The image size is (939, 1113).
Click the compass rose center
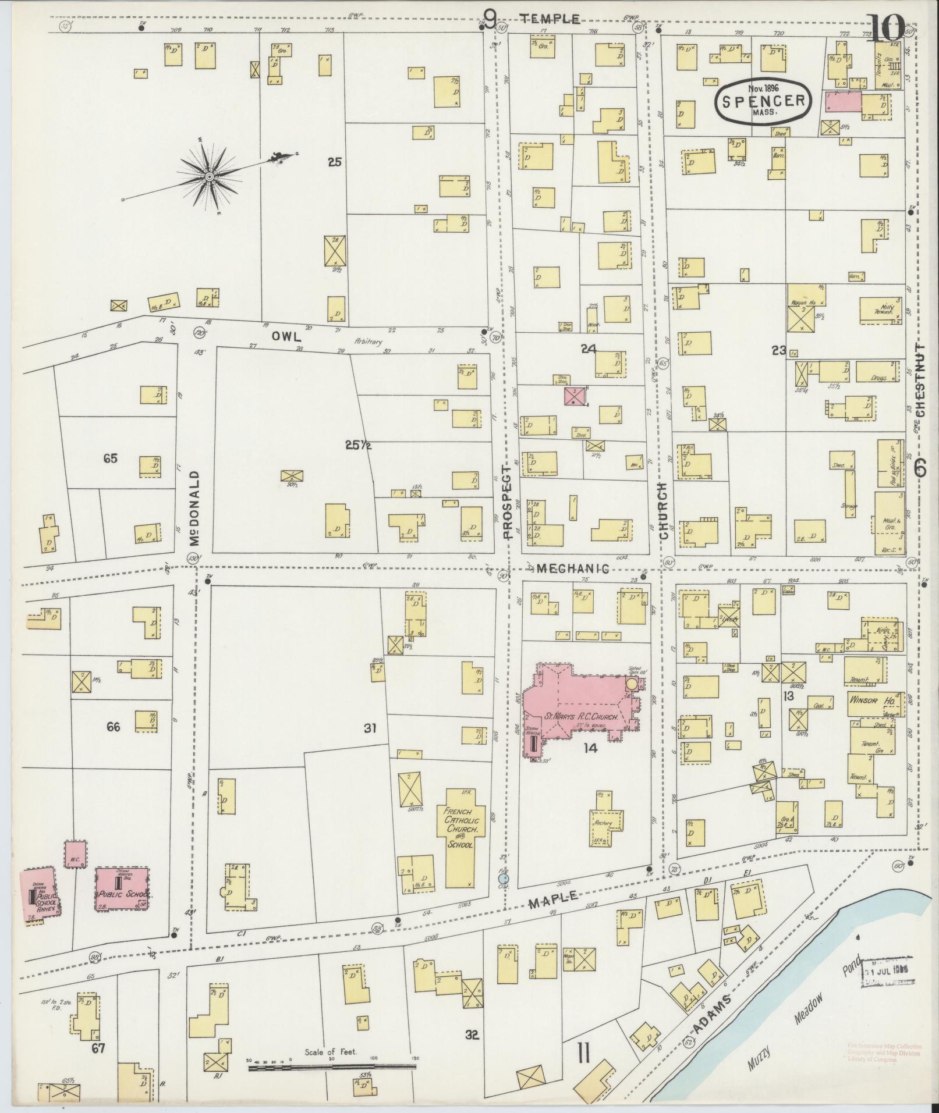[208, 175]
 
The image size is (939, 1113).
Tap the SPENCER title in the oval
[763, 100]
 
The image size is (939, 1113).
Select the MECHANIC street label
[573, 568]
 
